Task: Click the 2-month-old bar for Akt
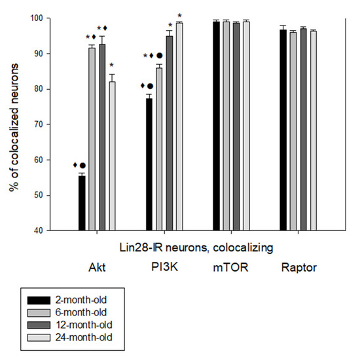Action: (x=82, y=203)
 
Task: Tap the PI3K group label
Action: (x=164, y=268)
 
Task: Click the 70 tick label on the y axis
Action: (x=41, y=124)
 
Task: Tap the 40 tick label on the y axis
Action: (x=41, y=230)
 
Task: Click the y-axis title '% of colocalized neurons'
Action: (x=12, y=124)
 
